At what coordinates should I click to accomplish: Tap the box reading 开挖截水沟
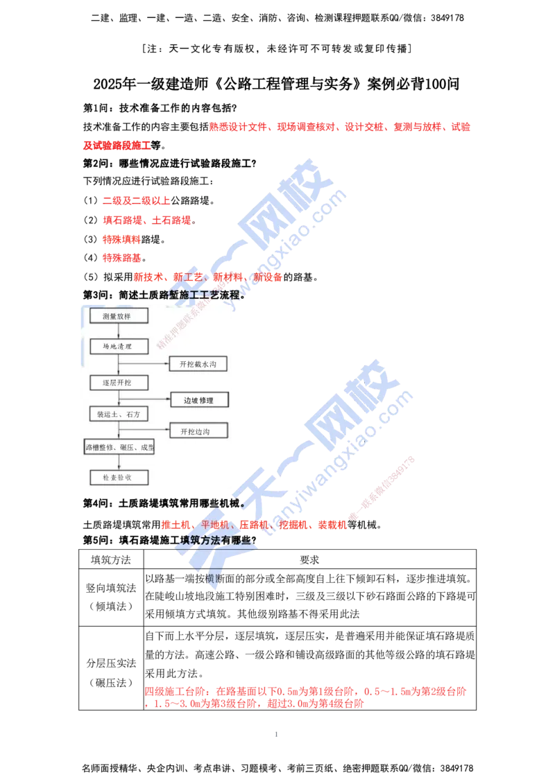pyautogui.click(x=198, y=364)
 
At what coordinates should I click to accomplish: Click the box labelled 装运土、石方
pyautogui.click(x=119, y=415)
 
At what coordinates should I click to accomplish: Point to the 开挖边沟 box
pyautogui.click(x=198, y=431)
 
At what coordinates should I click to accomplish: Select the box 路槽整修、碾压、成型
pyautogui.click(x=119, y=448)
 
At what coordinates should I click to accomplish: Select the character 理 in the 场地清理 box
pyautogui.click(x=128, y=346)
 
